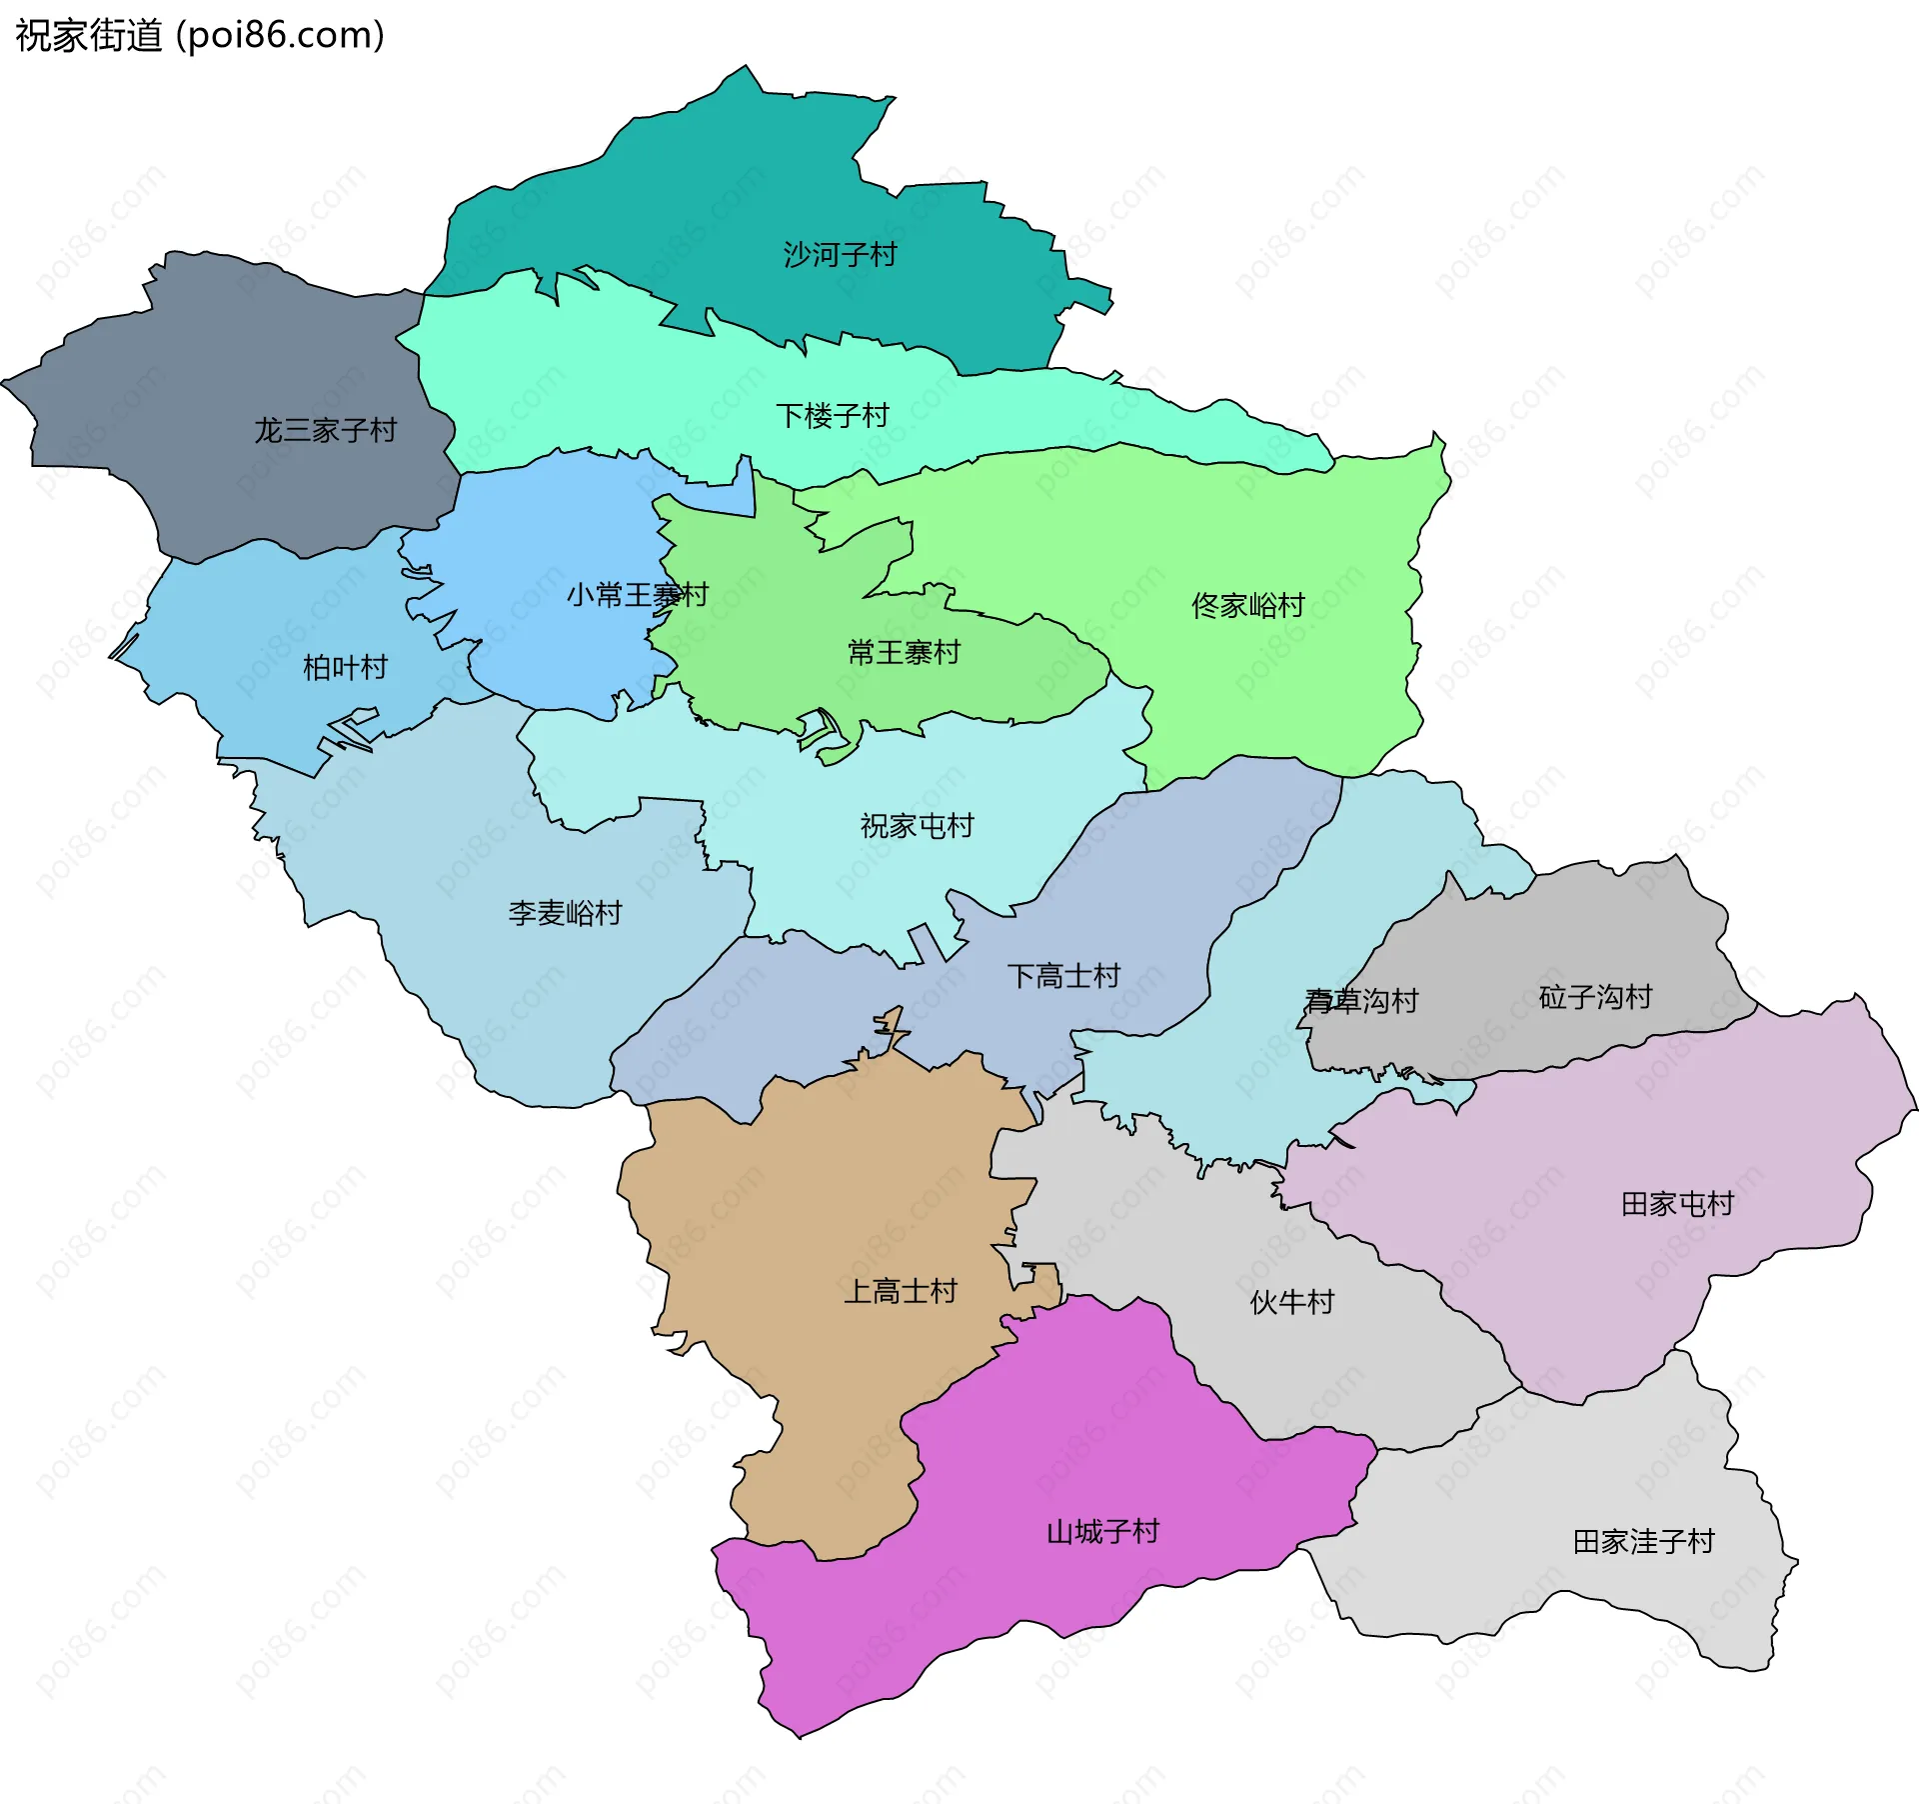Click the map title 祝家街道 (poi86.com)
(200, 36)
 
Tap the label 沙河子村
(840, 255)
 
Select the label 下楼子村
(833, 416)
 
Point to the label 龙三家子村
(325, 431)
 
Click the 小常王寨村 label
(637, 596)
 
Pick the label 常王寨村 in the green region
(904, 653)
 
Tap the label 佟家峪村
(1248, 606)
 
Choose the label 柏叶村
(345, 668)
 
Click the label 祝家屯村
(917, 826)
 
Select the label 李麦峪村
(565, 913)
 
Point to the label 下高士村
(1063, 976)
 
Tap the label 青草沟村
(1361, 1001)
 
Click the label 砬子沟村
(1595, 997)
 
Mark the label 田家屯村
(1677, 1204)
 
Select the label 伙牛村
(1291, 1302)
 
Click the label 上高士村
(901, 1292)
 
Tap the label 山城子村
(1102, 1532)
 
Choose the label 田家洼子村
(1643, 1542)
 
